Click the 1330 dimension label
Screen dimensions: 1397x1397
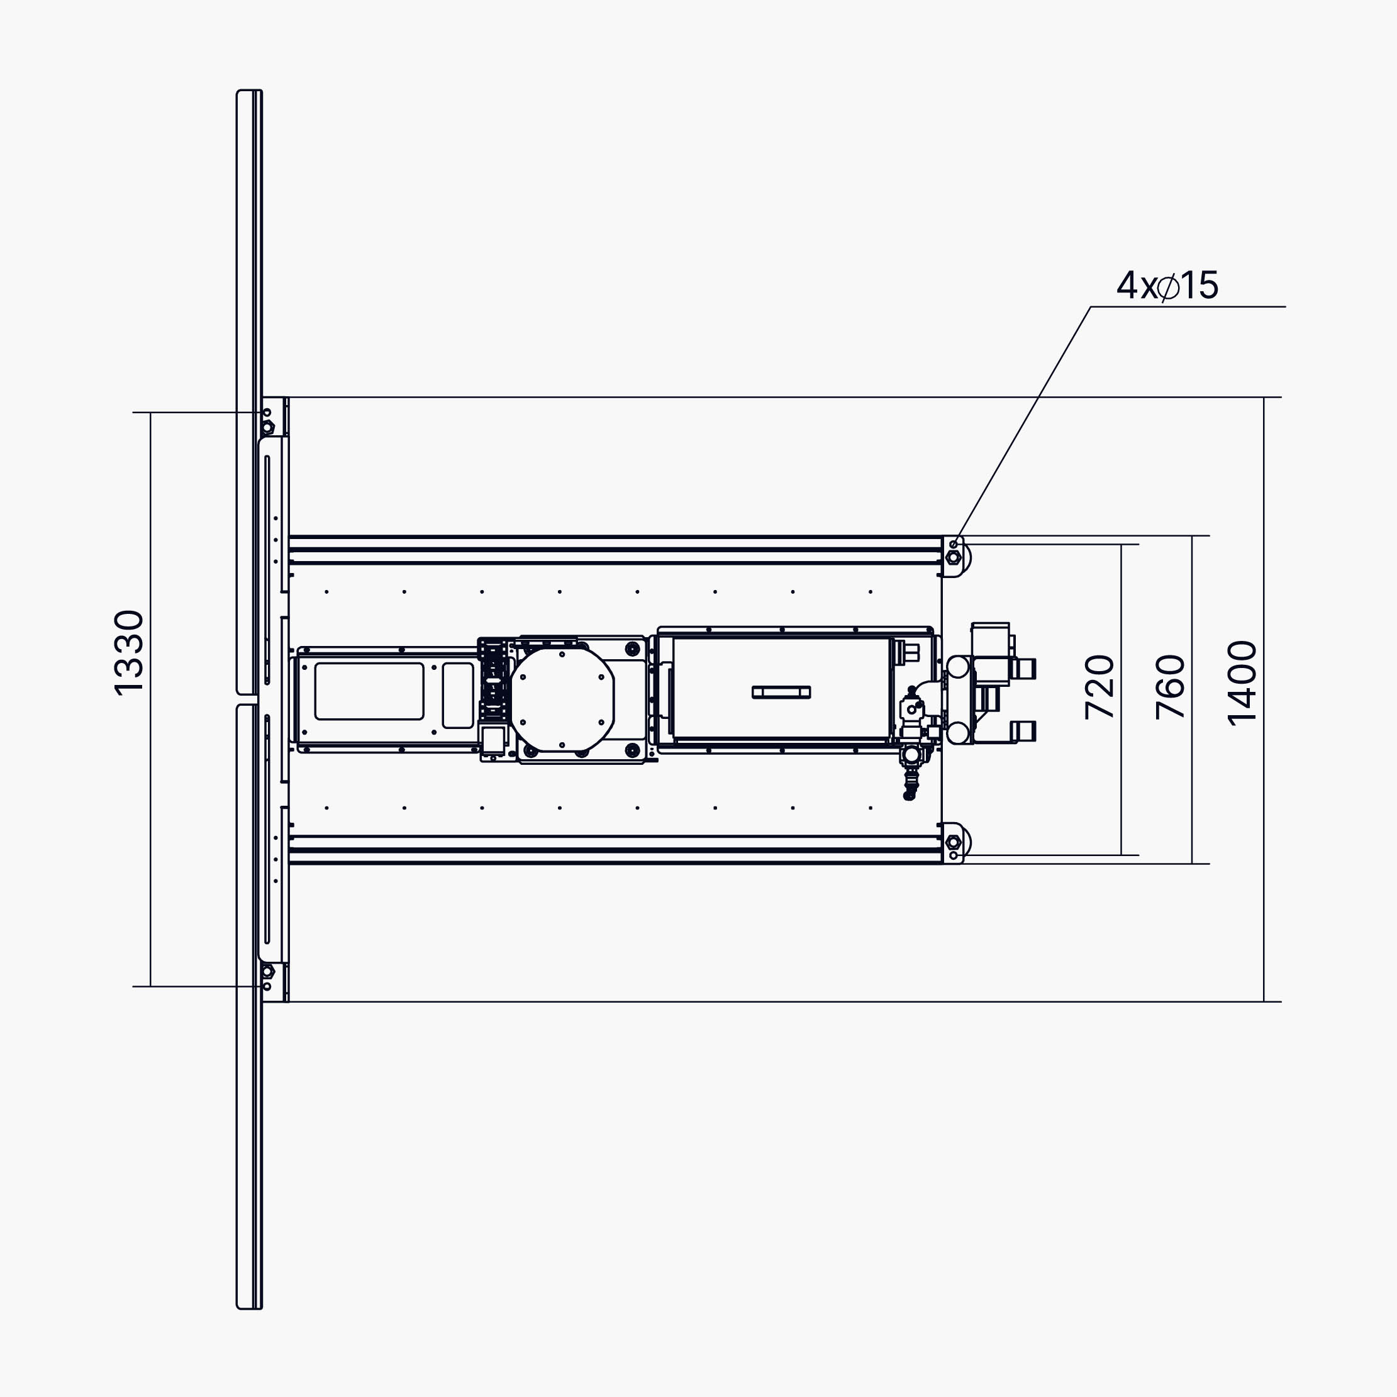(x=130, y=653)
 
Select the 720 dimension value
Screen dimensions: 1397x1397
(x=1099, y=687)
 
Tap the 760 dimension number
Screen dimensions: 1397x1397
(x=1170, y=687)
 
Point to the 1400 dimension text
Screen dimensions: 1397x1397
(x=1242, y=683)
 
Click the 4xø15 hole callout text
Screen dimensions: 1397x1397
(x=1167, y=286)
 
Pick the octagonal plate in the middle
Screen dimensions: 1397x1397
(x=562, y=700)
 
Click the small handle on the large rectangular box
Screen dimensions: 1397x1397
(x=781, y=692)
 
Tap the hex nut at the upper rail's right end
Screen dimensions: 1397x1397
(x=953, y=557)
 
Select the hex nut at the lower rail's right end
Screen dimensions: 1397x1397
(x=953, y=842)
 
